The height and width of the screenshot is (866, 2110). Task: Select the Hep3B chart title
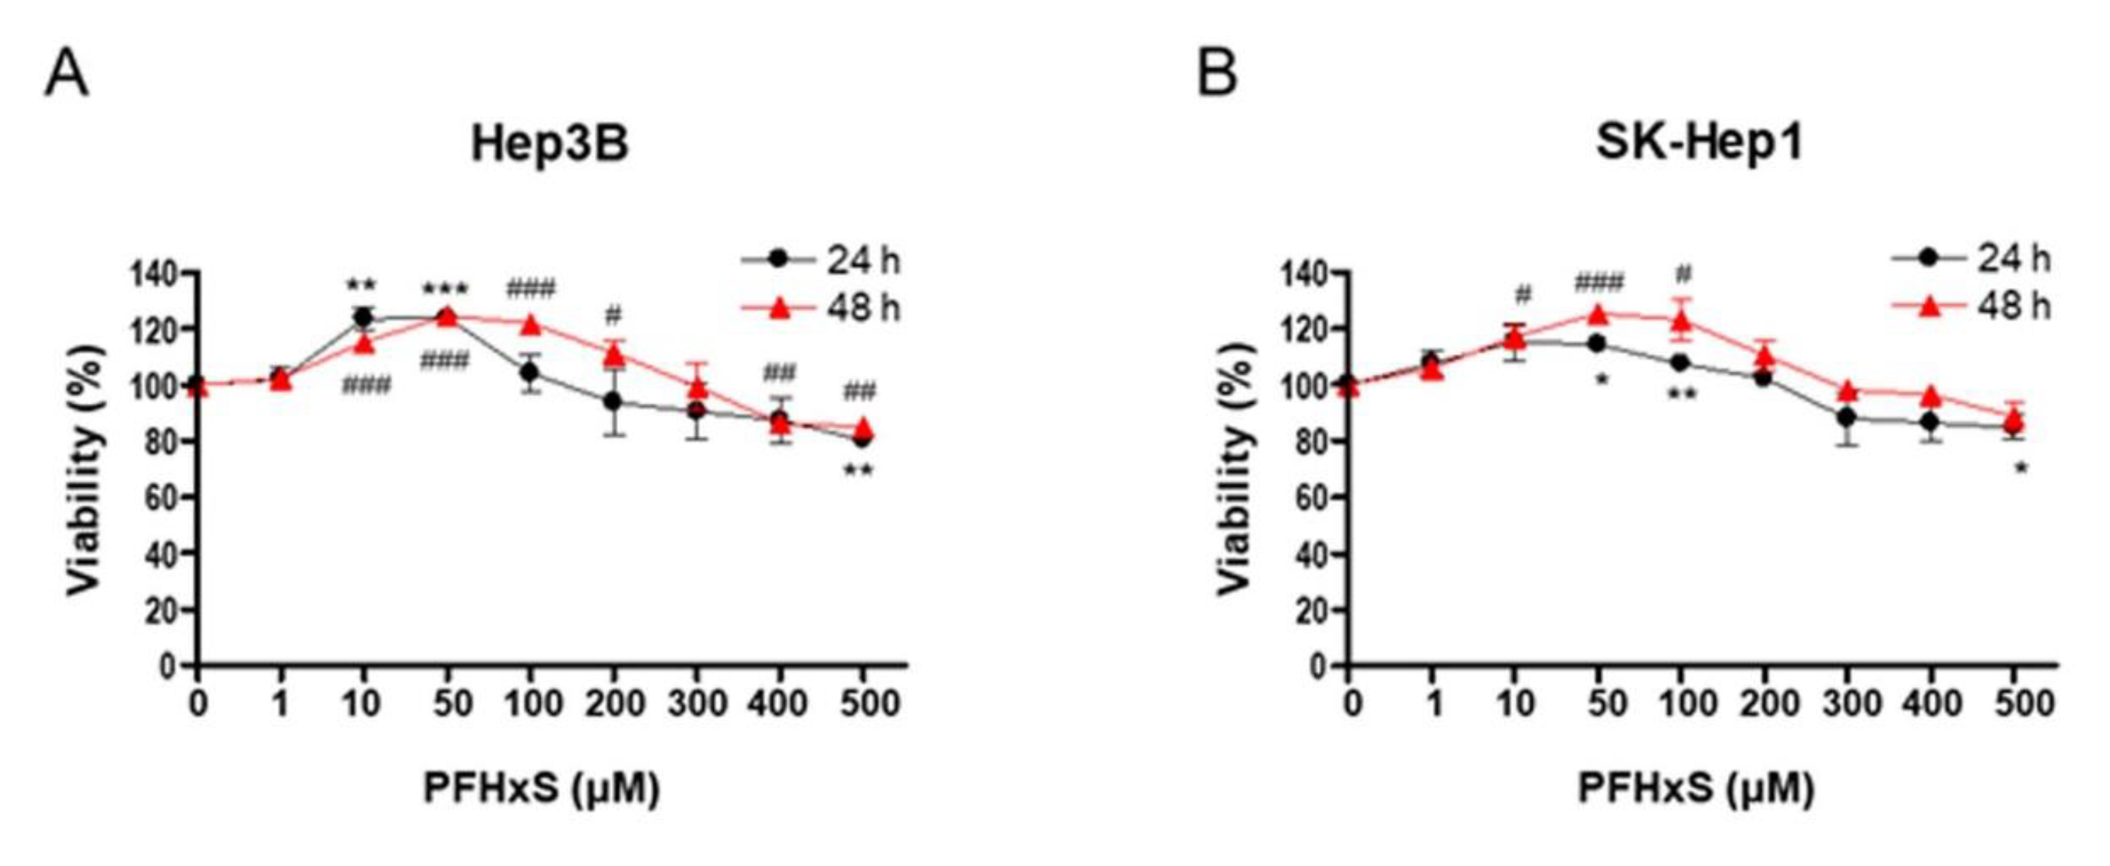[x=550, y=146]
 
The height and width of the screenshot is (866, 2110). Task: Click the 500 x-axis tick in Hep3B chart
[x=862, y=704]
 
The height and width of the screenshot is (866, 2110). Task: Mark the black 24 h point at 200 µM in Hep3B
[x=613, y=402]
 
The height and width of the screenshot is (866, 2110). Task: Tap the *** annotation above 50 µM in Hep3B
[x=445, y=289]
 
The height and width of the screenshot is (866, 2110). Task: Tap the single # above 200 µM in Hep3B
[x=614, y=315]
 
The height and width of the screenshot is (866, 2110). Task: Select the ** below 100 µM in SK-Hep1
[x=1681, y=395]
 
